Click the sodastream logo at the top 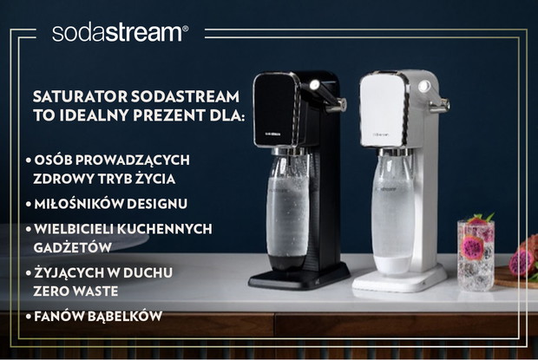click(x=120, y=33)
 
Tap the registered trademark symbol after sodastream click(x=186, y=29)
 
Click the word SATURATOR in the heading click(x=81, y=96)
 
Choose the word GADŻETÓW click(x=72, y=247)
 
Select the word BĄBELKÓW click(x=125, y=316)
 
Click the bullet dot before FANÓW click(x=29, y=317)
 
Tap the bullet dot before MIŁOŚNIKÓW click(x=29, y=204)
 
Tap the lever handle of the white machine click(x=435, y=97)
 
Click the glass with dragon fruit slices click(x=476, y=252)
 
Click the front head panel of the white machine click(x=382, y=110)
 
